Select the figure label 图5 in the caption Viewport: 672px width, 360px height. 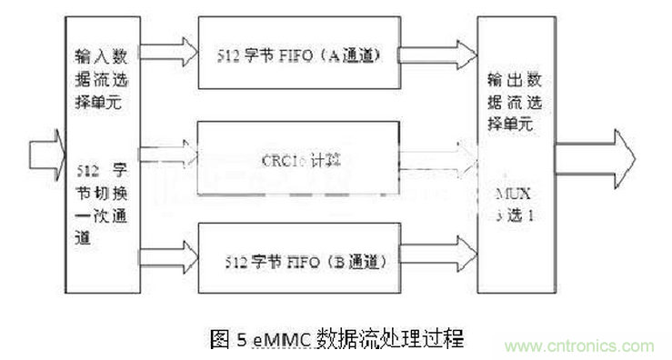(226, 339)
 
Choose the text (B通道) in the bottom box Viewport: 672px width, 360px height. (355, 263)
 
